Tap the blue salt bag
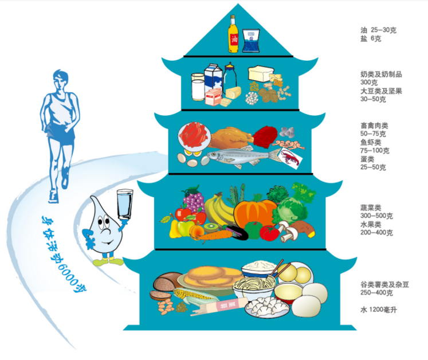pos(251,41)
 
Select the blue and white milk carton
pos(213,79)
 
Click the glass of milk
pos(198,87)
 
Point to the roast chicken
pos(231,138)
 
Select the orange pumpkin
pos(255,214)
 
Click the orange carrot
pos(213,236)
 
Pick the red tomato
pos(269,233)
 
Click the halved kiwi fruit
pos(211,227)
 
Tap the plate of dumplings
pos(267,307)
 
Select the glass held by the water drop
pos(125,204)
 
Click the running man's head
pos(60,79)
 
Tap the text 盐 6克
pos(371,38)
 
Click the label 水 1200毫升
pos(378,310)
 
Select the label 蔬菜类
pos(370,208)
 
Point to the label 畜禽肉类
pos(374,126)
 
